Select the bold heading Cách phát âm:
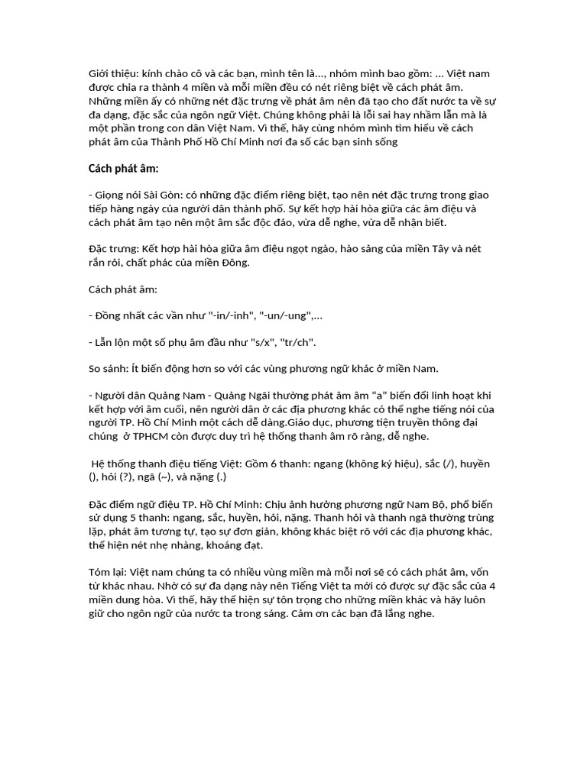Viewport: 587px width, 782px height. click(124, 169)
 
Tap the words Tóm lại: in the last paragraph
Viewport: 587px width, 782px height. click(107, 572)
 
